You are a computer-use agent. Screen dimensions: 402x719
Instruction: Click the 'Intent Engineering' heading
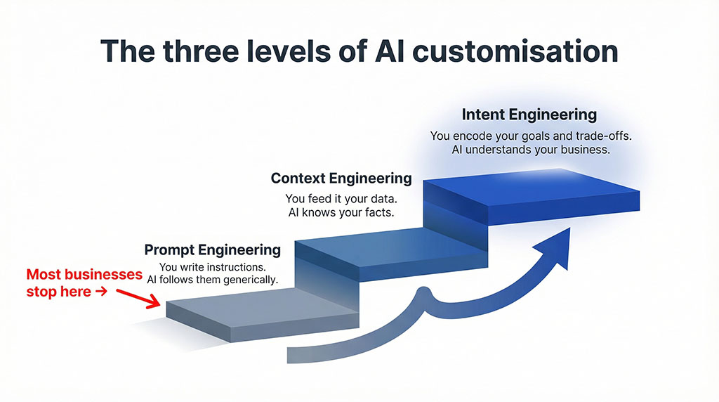coord(529,114)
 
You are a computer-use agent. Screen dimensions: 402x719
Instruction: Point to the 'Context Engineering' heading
coord(341,178)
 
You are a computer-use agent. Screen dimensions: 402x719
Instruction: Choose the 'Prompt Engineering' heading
coord(212,249)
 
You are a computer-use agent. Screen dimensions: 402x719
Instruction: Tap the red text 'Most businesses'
coord(84,274)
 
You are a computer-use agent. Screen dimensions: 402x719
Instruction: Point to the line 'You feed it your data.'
coord(341,199)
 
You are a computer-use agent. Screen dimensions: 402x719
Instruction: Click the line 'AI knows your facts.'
coord(341,213)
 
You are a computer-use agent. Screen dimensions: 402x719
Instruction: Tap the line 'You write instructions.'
coord(212,266)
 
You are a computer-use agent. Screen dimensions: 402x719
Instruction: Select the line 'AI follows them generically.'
coord(212,280)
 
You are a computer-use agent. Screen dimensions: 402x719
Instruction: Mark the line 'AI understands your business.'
coord(529,150)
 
